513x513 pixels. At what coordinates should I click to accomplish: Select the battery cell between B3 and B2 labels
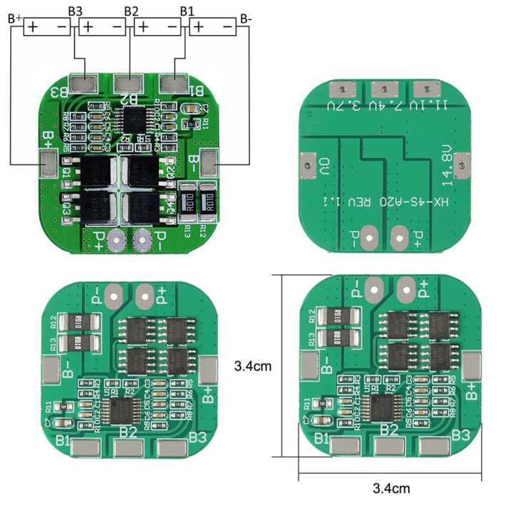click(x=102, y=27)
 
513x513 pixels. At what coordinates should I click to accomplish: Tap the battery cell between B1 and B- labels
click(x=213, y=27)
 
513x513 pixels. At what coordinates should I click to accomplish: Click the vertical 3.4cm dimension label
click(x=252, y=366)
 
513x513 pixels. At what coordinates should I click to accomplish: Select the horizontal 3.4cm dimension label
click(x=391, y=488)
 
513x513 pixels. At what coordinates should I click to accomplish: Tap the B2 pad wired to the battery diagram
click(x=128, y=84)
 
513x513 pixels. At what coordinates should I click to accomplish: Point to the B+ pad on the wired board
click(x=48, y=164)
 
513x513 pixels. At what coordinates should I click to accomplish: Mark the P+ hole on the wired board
click(x=113, y=241)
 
